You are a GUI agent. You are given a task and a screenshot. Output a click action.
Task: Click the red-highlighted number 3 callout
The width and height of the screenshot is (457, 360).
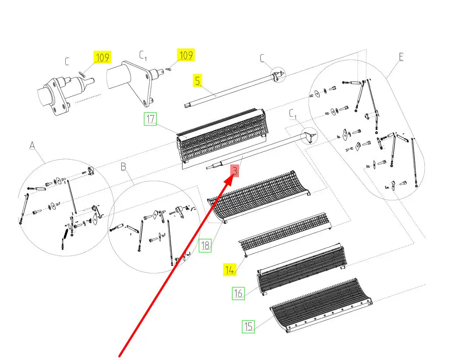[235, 171]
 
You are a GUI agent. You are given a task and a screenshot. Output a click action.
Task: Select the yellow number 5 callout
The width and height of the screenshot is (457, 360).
[197, 80]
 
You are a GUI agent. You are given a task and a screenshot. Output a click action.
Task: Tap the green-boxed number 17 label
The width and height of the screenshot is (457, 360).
[150, 119]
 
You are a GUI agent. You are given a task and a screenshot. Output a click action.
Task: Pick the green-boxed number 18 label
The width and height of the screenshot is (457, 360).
[205, 245]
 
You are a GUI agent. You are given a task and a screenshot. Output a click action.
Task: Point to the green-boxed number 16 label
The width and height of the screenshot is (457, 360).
[238, 293]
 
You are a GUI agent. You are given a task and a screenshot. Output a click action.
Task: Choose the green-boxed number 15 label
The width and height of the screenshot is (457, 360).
[248, 326]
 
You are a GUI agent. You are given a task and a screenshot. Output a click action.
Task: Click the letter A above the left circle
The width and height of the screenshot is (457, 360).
[32, 145]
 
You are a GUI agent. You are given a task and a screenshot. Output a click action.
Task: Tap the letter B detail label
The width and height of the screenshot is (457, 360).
[123, 167]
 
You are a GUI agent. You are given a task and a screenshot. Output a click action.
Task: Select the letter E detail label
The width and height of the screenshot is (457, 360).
[401, 57]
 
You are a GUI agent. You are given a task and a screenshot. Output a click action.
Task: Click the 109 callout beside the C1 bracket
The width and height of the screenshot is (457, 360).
[186, 55]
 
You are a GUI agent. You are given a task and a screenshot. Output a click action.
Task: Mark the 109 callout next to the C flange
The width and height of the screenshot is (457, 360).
[102, 57]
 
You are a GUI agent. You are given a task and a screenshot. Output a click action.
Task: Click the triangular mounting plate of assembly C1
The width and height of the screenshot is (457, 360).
[139, 83]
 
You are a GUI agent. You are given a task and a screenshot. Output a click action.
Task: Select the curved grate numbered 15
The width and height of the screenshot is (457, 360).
[322, 302]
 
